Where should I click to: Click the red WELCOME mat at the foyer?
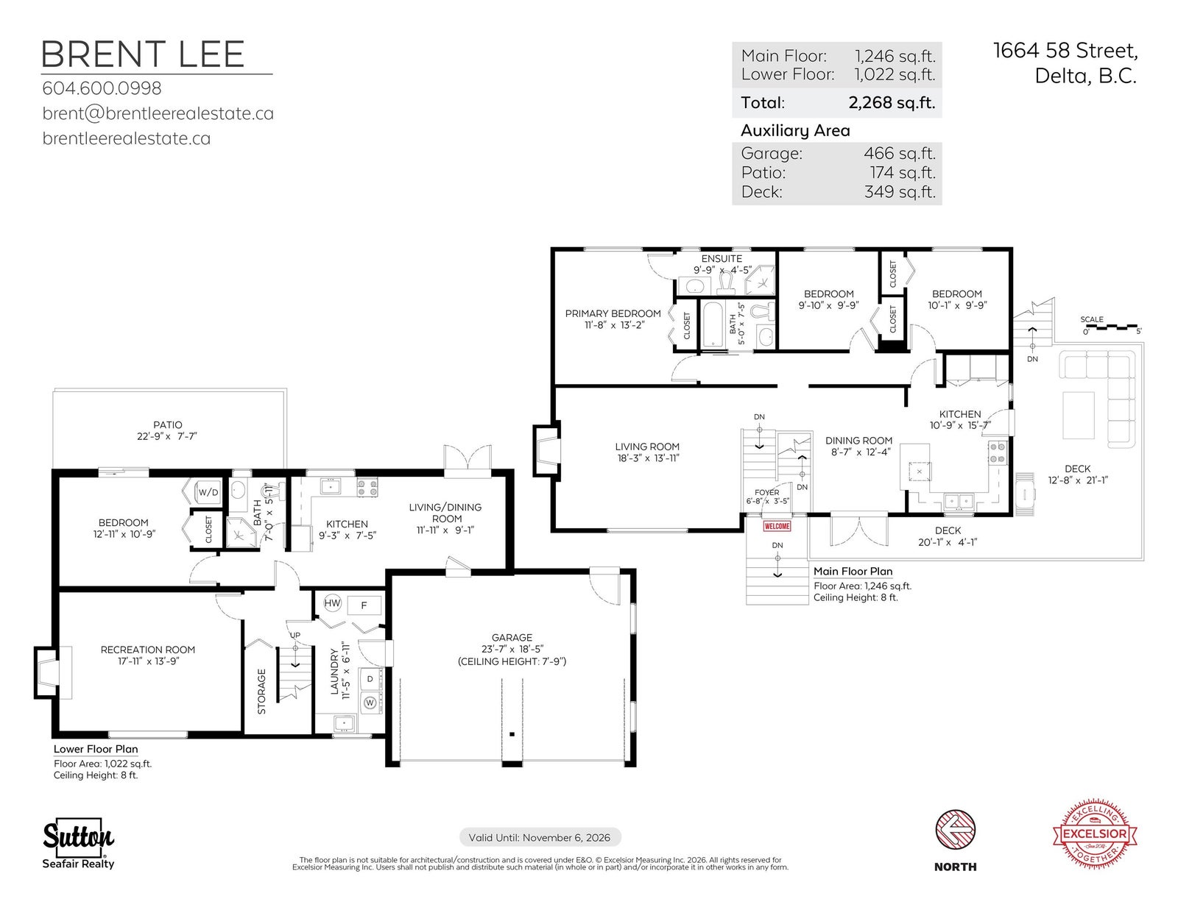click(776, 526)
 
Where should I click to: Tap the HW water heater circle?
click(332, 603)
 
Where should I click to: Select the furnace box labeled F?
click(364, 605)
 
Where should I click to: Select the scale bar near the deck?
click(1111, 327)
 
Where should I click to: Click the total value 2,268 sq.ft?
click(892, 102)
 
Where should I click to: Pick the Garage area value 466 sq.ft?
click(900, 153)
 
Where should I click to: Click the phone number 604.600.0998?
click(102, 88)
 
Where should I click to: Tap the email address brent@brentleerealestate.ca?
click(158, 113)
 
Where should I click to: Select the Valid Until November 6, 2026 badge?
click(540, 837)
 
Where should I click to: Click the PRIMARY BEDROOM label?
click(613, 313)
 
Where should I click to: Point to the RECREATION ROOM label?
click(147, 650)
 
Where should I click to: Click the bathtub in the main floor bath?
click(713, 324)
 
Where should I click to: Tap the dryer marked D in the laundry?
click(370, 679)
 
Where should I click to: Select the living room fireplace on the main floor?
click(546, 451)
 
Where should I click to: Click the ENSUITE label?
click(722, 258)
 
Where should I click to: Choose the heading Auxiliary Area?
click(795, 130)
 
